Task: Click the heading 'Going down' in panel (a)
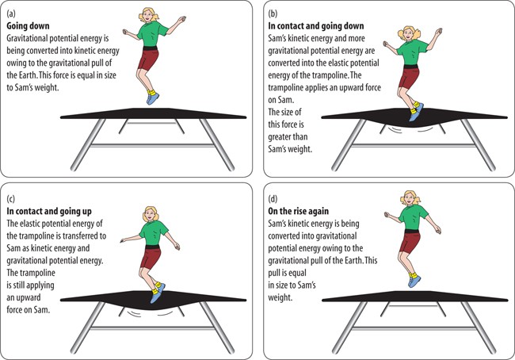pos(28,26)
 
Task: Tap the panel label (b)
pos(273,13)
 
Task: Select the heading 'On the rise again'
pos(298,211)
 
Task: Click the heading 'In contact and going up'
pos(49,212)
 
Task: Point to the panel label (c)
pos(10,199)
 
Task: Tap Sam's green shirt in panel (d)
pos(412,217)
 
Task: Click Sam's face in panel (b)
pos(409,34)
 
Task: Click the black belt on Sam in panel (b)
pos(410,67)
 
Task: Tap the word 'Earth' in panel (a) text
pos(26,75)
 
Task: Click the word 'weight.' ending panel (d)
pos(280,297)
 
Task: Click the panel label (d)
pos(273,199)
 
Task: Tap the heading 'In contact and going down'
pos(316,26)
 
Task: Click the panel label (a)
pos(10,13)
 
